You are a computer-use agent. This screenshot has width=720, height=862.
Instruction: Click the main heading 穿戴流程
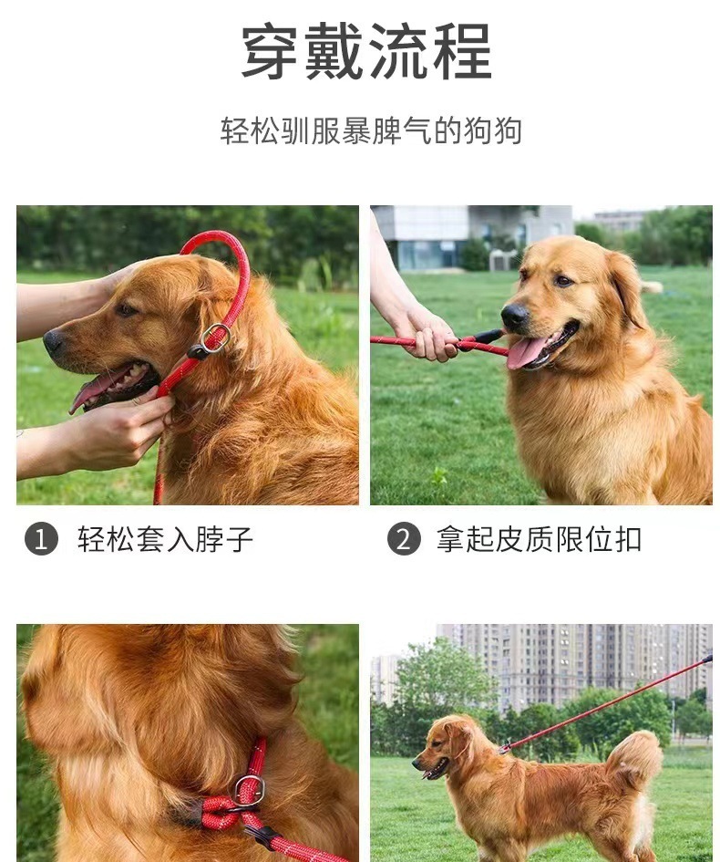tap(366, 52)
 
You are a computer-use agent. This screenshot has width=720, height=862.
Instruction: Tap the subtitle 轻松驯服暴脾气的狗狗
tap(371, 130)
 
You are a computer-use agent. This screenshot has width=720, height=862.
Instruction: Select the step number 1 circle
tap(41, 539)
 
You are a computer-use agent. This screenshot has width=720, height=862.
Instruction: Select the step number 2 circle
tap(404, 539)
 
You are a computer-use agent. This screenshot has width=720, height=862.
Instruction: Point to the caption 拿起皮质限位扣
tap(539, 539)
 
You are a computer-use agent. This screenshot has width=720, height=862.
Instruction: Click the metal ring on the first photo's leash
tap(216, 337)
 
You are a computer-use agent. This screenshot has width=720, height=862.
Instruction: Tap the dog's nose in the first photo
tap(54, 342)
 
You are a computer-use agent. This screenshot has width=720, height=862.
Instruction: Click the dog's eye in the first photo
tap(125, 310)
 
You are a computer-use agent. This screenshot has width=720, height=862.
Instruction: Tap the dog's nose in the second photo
tap(515, 317)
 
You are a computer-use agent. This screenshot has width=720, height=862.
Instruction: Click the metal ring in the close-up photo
tap(248, 790)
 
